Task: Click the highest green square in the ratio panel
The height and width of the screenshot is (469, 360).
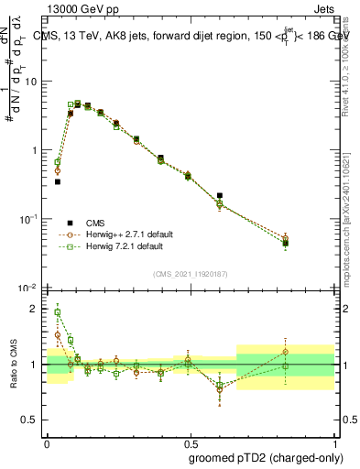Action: [x=57, y=312]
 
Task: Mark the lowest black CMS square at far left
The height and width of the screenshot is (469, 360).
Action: [x=57, y=181]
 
